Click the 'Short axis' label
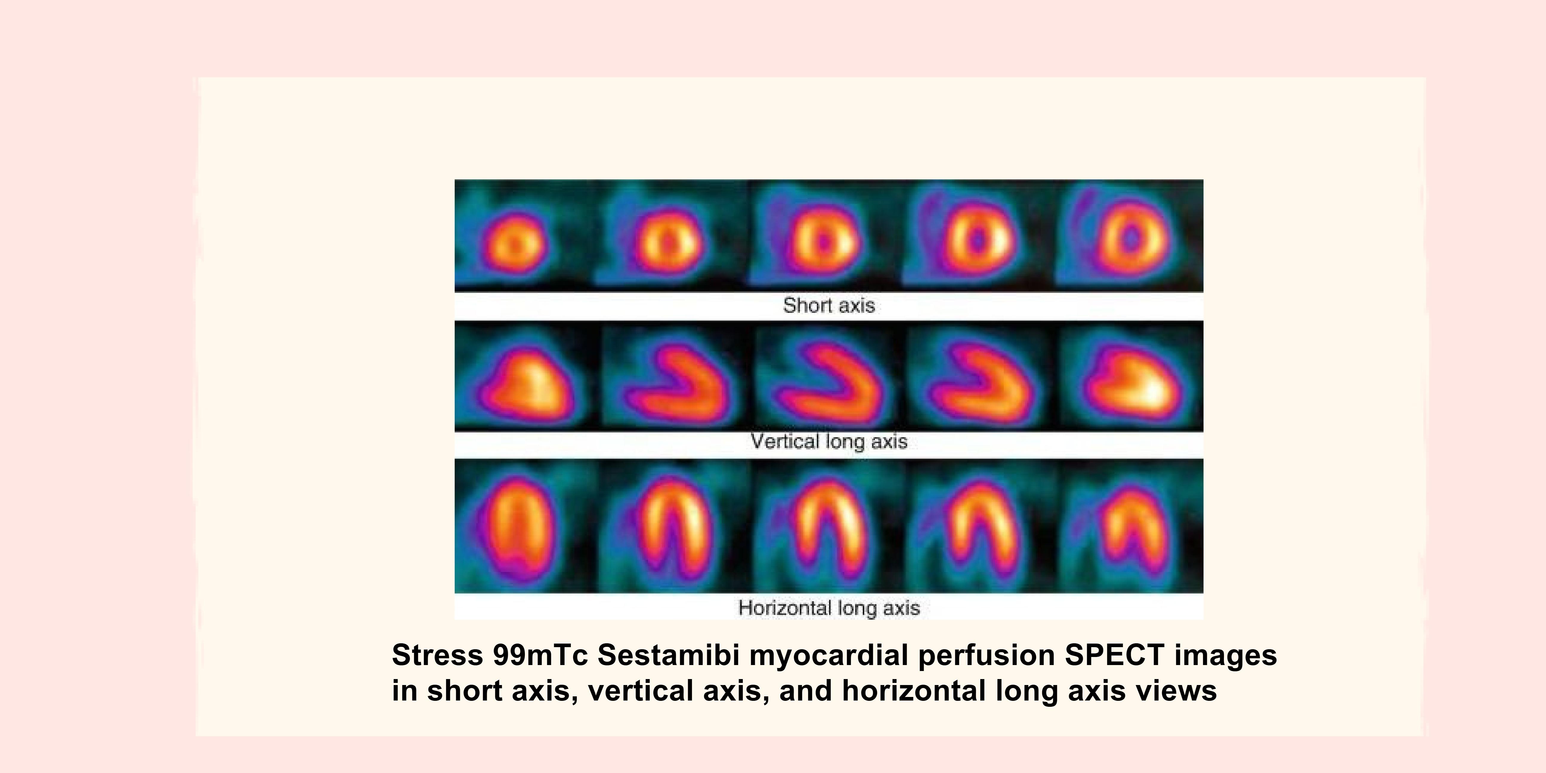(x=829, y=305)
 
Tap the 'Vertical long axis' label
(x=829, y=442)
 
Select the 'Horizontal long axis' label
(x=829, y=608)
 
